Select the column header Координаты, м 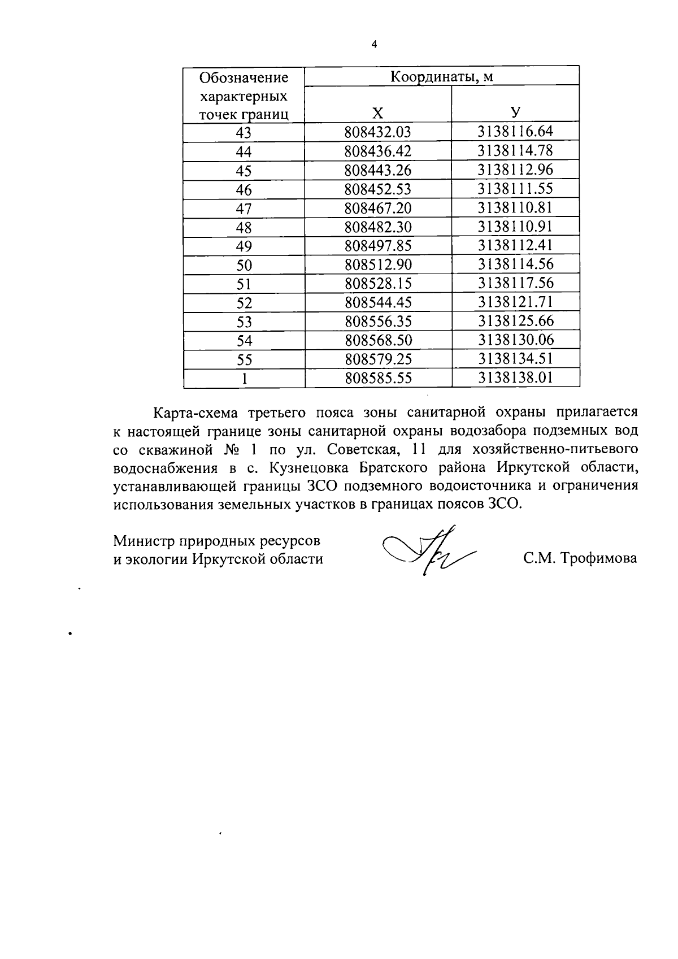pyautogui.click(x=442, y=76)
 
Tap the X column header pyautogui.click(x=378, y=112)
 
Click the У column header pyautogui.click(x=515, y=112)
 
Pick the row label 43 pyautogui.click(x=244, y=133)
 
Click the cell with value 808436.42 pyautogui.click(x=378, y=151)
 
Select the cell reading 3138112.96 pyautogui.click(x=515, y=170)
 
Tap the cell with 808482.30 pyautogui.click(x=378, y=227)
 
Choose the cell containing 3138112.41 pyautogui.click(x=515, y=246)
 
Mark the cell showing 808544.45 pyautogui.click(x=378, y=303)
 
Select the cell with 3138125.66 pyautogui.click(x=515, y=322)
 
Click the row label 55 pyautogui.click(x=244, y=359)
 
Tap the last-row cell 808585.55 pyautogui.click(x=378, y=378)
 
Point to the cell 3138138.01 pyautogui.click(x=515, y=378)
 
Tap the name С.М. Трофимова pyautogui.click(x=580, y=559)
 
